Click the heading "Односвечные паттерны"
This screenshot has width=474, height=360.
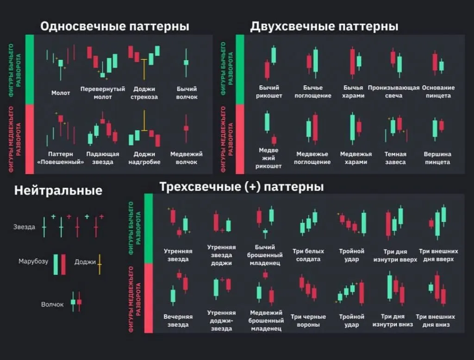point(114,26)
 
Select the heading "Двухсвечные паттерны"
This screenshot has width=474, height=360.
point(324,26)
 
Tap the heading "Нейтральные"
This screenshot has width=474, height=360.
point(58,190)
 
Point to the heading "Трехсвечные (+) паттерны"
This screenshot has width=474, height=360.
point(241,187)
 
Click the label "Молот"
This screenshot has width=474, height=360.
point(61,93)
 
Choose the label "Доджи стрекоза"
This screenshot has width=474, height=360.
point(144,93)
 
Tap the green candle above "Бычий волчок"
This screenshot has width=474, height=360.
point(186,63)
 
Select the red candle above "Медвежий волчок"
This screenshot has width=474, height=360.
point(186,128)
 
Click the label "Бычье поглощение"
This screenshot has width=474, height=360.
point(313,92)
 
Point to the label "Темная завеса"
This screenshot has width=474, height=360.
point(395,158)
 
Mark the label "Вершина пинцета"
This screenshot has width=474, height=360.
point(437,158)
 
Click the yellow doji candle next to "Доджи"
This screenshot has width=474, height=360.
point(99,263)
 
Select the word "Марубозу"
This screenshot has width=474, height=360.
point(33,261)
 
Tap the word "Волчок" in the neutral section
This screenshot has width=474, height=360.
point(52,304)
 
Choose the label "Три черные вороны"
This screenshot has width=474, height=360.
point(308,321)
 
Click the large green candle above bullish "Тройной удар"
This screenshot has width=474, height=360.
point(363,222)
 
